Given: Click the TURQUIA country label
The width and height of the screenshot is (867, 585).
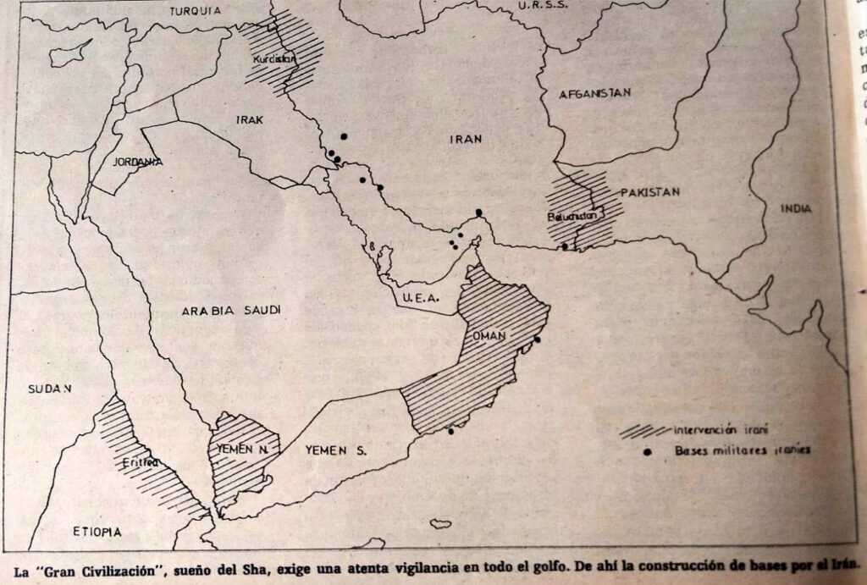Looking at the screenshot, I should tap(195, 11).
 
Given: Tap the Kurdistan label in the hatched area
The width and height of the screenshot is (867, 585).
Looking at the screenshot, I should tap(275, 59).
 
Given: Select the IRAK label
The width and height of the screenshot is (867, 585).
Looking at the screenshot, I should tap(250, 120).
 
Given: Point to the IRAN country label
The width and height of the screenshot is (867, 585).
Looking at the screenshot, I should tap(465, 141).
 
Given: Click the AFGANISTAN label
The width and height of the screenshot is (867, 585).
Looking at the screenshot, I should tap(594, 93).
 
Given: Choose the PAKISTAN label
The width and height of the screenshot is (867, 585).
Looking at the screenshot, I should tap(650, 192).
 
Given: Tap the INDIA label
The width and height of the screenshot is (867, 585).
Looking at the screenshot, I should tap(796, 208).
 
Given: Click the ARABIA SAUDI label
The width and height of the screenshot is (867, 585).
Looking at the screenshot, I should tap(230, 311).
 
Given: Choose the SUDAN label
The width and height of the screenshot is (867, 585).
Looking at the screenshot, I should tap(49, 389).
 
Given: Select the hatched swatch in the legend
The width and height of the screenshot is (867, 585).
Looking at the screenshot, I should tap(645, 430).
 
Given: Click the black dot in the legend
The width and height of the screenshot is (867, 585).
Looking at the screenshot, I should tap(648, 451).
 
